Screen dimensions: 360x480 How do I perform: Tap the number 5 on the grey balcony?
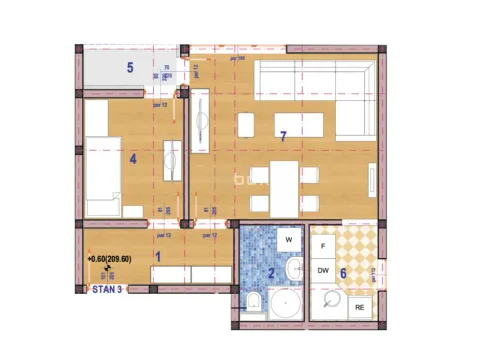point(129,68)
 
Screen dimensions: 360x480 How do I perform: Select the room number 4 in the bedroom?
point(132,157)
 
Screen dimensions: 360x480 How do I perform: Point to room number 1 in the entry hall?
point(156,256)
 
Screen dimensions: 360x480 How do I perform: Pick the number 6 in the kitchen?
point(343,272)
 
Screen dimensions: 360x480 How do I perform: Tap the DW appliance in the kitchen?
point(323,271)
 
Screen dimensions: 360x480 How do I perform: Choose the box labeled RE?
point(361,307)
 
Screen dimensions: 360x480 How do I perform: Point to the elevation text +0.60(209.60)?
point(117,261)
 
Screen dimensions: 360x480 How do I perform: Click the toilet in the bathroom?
point(254,303)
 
